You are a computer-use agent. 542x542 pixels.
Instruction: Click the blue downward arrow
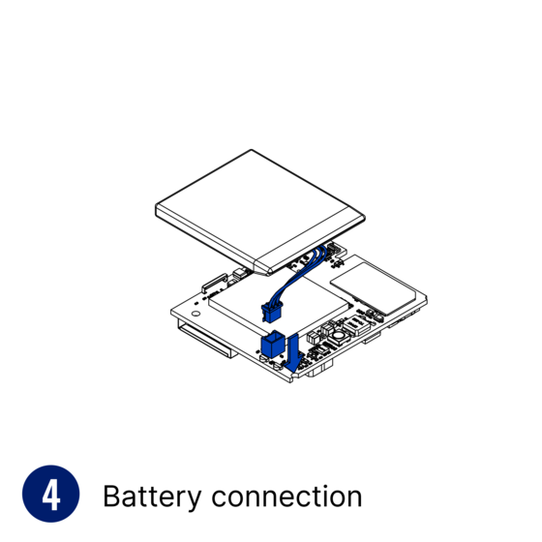pyautogui.click(x=293, y=353)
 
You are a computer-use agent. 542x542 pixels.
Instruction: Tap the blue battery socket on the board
pyautogui.click(x=272, y=344)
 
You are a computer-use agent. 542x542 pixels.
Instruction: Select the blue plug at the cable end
pyautogui.click(x=272, y=311)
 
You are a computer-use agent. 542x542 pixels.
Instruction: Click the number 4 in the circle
pyautogui.click(x=50, y=496)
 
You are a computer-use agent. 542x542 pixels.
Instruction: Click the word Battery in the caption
pyautogui.click(x=152, y=497)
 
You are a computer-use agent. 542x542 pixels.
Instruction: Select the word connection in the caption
pyautogui.click(x=286, y=497)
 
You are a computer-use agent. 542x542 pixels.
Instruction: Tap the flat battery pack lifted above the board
pyautogui.click(x=260, y=212)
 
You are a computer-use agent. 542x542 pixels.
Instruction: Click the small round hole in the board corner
pyautogui.click(x=196, y=314)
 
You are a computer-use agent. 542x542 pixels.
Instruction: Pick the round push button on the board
pyautogui.click(x=338, y=335)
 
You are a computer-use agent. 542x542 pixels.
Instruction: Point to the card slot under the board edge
pyautogui.click(x=206, y=340)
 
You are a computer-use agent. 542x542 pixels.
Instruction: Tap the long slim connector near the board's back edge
pyautogui.click(x=214, y=282)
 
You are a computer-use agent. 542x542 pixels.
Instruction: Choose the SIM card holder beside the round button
pyautogui.click(x=357, y=323)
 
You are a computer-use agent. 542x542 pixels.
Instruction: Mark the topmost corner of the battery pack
pyautogui.click(x=252, y=150)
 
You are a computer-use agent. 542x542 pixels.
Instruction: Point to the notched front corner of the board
pyautogui.click(x=290, y=379)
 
